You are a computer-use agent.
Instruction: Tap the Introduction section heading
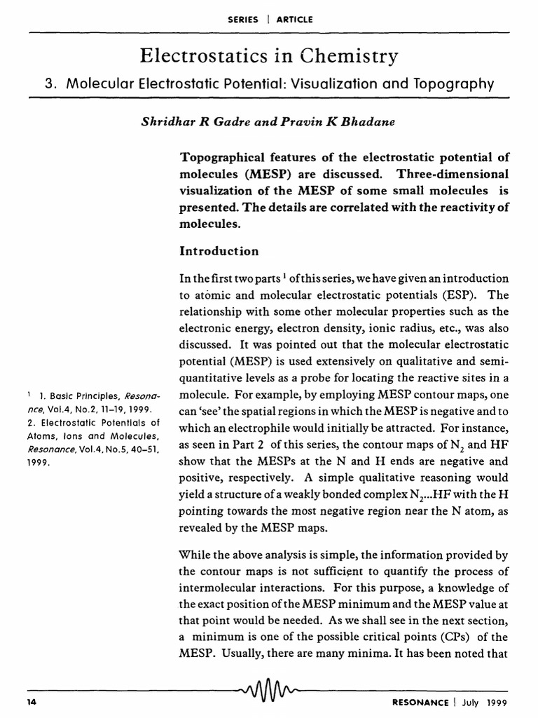pyautogui.click(x=219, y=250)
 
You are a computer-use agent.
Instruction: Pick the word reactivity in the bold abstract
pyautogui.click(x=454, y=208)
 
